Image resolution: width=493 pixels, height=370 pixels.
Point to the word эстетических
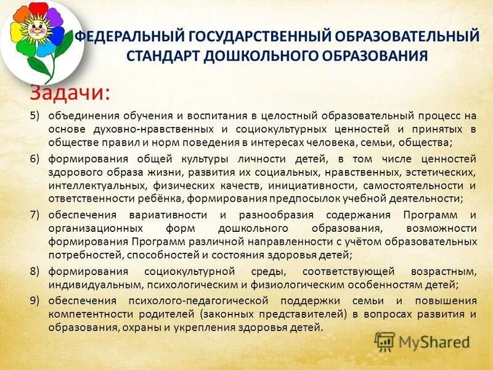pos(442,172)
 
